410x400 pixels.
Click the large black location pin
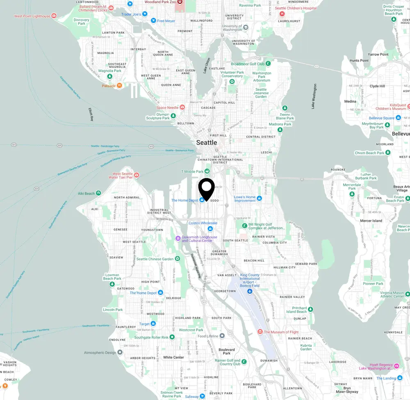(206, 188)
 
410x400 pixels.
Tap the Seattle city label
(207, 143)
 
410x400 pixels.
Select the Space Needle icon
(182, 107)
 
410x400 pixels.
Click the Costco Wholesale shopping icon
(210, 229)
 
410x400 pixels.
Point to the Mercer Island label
(371, 221)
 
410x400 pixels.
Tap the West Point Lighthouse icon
(54, 16)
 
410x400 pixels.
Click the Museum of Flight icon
(260, 332)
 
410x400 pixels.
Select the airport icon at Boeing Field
(249, 291)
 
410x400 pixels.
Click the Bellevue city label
(401, 134)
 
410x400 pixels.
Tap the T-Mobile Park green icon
(207, 171)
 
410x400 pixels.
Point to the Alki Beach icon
(98, 193)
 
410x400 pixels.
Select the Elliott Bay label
(91, 114)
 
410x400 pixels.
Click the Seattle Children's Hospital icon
(282, 14)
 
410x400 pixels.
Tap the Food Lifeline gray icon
(222, 336)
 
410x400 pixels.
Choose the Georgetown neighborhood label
(225, 291)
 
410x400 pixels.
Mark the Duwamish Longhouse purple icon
(178, 238)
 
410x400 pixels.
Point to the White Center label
(173, 357)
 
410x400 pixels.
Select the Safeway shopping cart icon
(202, 396)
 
